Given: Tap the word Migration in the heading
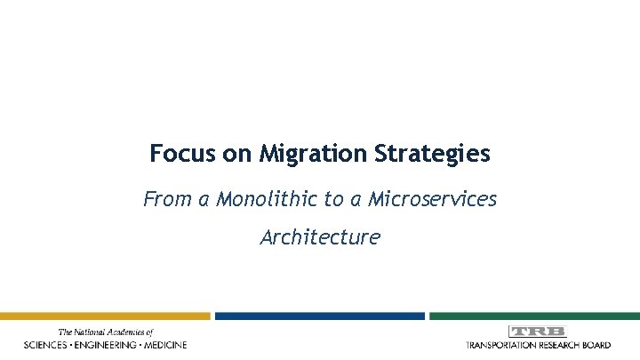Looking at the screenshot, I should [312, 155].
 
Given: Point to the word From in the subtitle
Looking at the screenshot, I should [165, 199].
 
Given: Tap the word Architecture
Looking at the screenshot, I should [320, 237].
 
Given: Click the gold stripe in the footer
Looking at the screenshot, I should [105, 316].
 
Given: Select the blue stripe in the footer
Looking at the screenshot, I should [319, 316].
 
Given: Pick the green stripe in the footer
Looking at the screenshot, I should [534, 316].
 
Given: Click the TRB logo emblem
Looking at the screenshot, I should [537, 332].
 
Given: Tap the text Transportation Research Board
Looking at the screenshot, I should [538, 345].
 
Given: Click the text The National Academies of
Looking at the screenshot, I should [106, 332].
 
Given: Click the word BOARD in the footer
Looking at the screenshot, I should [596, 345].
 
